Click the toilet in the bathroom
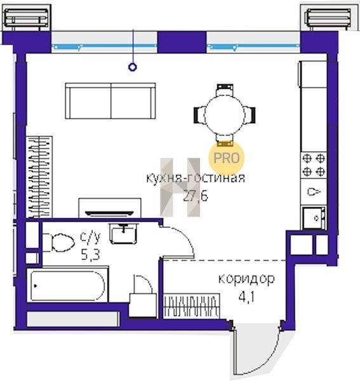coord(59,243)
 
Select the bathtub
coord(67,285)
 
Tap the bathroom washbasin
coord(124,233)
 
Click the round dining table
coord(225,115)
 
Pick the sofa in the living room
coord(110,101)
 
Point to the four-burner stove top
coord(314,165)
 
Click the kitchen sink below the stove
coord(314,218)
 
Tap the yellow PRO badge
coord(226,158)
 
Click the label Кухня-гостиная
coord(196,178)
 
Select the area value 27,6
coord(196,196)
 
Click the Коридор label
coord(246,279)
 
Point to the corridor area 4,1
coord(246,297)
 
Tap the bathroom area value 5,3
coord(90,255)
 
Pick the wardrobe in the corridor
coord(192,306)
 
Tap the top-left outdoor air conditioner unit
coord(26,18)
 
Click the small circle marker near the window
coord(133,67)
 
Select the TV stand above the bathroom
coord(110,208)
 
